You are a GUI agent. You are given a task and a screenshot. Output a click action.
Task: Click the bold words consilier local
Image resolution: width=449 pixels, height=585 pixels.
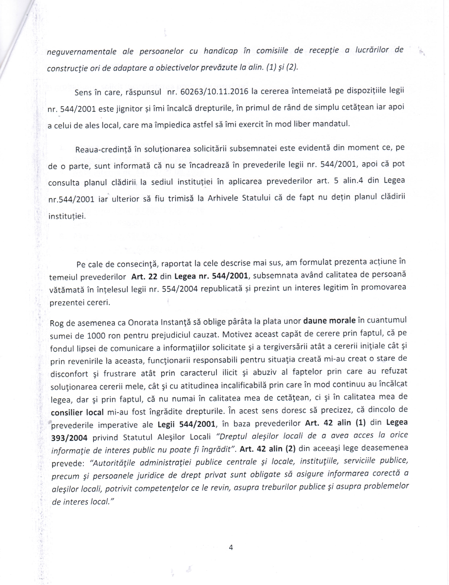(77, 413)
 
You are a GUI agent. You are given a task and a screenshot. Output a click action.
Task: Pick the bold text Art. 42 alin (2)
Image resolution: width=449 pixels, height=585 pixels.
(267, 449)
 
